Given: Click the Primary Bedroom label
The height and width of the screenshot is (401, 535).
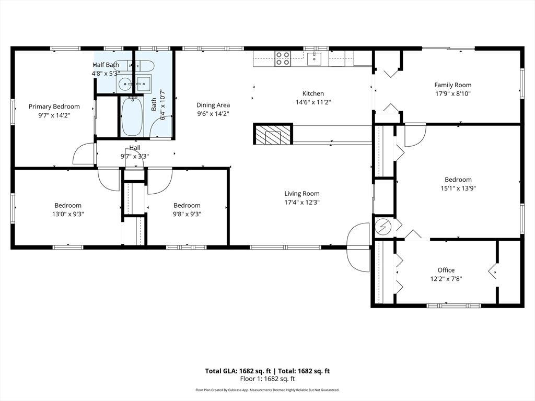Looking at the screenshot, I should (54, 107).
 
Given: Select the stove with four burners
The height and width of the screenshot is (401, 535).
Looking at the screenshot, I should (283, 58).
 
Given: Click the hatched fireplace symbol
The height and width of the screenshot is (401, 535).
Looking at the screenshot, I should (272, 134).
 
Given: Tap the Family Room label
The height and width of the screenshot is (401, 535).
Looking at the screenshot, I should (452, 85).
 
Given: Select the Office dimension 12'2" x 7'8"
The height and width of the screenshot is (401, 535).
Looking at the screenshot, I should (446, 279).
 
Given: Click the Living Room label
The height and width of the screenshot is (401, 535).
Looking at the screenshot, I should (301, 193).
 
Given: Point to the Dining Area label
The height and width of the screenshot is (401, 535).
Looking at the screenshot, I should (213, 105).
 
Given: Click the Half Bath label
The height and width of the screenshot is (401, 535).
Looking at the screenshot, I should (106, 65).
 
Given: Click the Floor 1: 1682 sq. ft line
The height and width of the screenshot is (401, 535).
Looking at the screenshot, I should (267, 379).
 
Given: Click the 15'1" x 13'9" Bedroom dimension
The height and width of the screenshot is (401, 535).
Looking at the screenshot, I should (458, 188).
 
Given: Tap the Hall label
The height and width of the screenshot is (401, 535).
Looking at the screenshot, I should (134, 148).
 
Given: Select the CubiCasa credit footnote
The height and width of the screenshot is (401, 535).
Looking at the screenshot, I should (267, 390).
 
